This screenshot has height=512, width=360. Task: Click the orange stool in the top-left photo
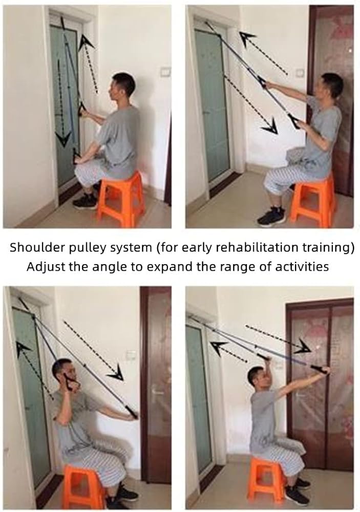click(x=121, y=199)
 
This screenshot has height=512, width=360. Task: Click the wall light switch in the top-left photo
click(x=166, y=72)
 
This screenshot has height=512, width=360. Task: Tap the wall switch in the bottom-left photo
click(x=131, y=354)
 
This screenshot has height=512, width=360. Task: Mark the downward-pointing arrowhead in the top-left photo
click(x=63, y=138)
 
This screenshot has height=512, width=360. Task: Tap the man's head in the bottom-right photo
click(x=257, y=378)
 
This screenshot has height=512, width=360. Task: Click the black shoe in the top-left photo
click(x=85, y=201)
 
